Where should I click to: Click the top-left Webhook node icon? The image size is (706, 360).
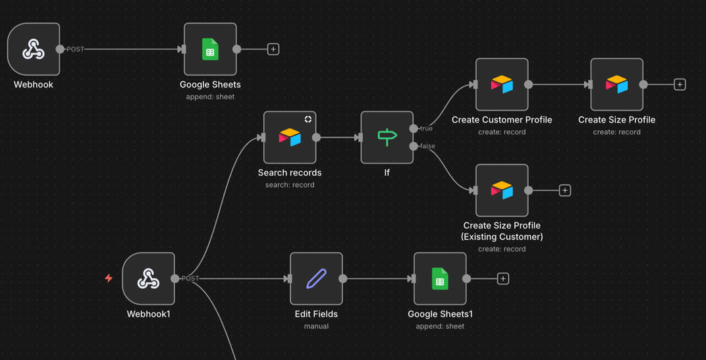34,49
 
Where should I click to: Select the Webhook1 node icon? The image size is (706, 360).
148,278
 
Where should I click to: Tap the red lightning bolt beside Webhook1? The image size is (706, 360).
109,278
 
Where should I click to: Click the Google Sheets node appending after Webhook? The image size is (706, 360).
210,49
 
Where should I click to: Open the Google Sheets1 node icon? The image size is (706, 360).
440,278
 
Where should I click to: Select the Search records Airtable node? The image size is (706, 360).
290,138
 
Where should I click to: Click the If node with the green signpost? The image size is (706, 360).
387,138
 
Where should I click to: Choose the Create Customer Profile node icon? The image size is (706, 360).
502,84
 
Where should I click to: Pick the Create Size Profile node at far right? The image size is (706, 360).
616,84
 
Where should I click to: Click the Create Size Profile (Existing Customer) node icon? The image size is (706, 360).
502,190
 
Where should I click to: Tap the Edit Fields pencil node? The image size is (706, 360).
316,278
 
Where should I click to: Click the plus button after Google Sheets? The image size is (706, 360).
273,49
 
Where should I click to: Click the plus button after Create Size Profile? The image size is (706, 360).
680,84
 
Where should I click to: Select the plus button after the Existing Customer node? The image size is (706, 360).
564,190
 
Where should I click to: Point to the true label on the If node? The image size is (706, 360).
425,128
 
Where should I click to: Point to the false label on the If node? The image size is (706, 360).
427,146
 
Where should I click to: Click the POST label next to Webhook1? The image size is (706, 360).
190,278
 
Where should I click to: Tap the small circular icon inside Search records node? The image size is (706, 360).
308,119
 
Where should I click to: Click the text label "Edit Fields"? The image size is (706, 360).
316,314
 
